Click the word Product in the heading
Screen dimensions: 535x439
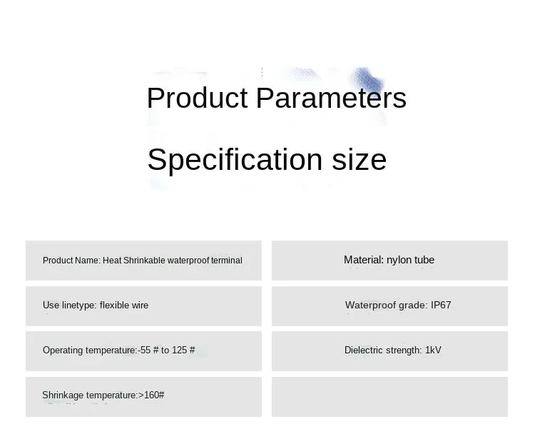pyautogui.click(x=197, y=98)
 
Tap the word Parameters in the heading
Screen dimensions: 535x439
pyautogui.click(x=331, y=98)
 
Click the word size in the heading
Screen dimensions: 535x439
pyautogui.click(x=359, y=160)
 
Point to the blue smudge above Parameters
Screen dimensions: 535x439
pyautogui.click(x=368, y=80)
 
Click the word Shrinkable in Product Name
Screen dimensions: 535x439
pyautogui.click(x=144, y=261)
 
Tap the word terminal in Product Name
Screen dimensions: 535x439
pyautogui.click(x=227, y=261)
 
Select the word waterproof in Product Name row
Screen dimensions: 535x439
pyautogui.click(x=188, y=261)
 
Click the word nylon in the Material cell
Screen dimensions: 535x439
pyautogui.click(x=399, y=260)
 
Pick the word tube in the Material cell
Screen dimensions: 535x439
pyautogui.click(x=424, y=260)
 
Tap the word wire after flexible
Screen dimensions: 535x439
pyautogui.click(x=140, y=306)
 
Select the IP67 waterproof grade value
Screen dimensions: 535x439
pyautogui.click(x=441, y=305)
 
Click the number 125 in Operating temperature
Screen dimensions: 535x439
pyautogui.click(x=179, y=350)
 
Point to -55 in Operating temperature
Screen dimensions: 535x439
pyautogui.click(x=144, y=350)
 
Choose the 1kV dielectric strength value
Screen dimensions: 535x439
pyautogui.click(x=433, y=350)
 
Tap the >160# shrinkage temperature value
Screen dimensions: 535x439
pyautogui.click(x=151, y=395)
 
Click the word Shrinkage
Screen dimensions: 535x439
pyautogui.click(x=63, y=395)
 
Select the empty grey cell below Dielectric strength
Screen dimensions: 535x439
pyautogui.click(x=389, y=397)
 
